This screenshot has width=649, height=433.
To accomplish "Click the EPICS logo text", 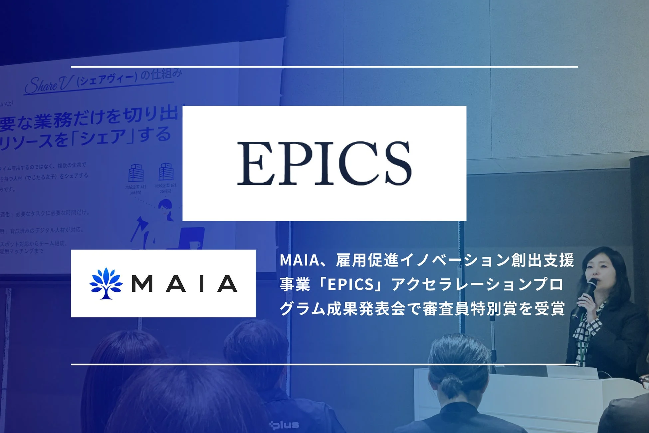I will coord(324,163).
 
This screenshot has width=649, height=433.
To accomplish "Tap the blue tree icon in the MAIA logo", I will coord(106,283).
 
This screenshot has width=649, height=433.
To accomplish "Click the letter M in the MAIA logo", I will coord(142,284).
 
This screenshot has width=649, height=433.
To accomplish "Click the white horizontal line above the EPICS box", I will coord(324,67).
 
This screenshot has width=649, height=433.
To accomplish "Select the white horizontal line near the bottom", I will coord(324,364).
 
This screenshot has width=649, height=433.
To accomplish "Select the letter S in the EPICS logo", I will coord(396,163).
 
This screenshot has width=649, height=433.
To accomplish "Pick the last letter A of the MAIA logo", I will coord(227,284).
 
